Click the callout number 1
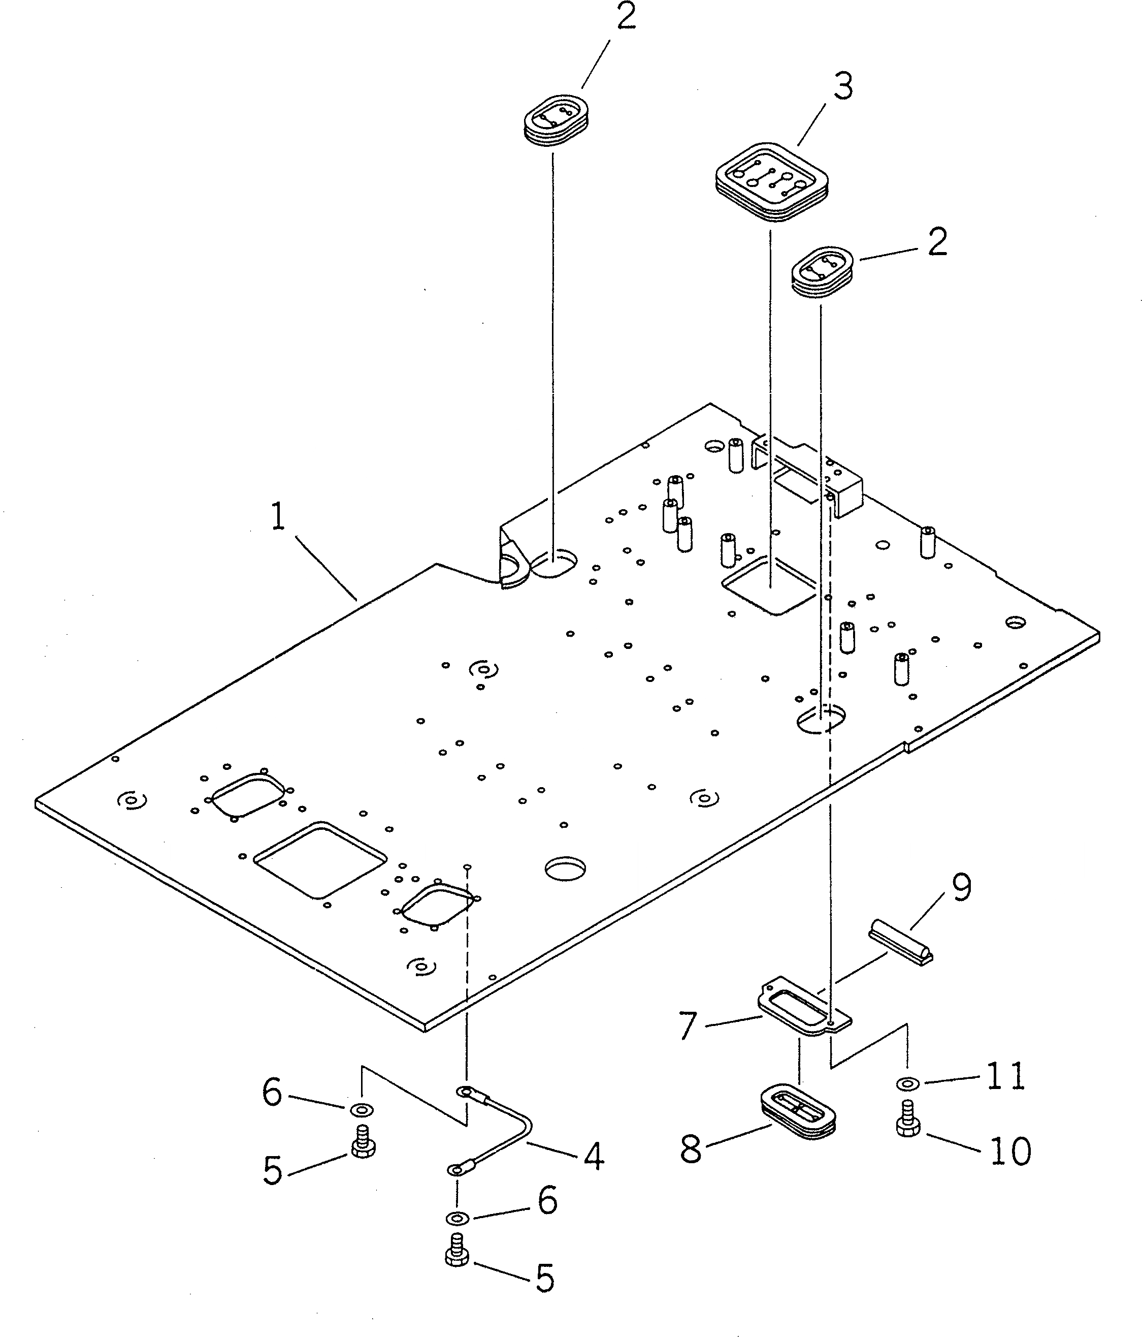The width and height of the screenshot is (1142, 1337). (x=277, y=517)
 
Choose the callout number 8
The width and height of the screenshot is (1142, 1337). (x=691, y=1150)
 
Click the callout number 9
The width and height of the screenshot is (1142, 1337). (x=961, y=888)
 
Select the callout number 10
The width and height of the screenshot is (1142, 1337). (x=1010, y=1151)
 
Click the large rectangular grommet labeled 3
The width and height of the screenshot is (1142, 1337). (x=772, y=182)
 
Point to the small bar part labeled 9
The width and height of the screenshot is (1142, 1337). (x=901, y=949)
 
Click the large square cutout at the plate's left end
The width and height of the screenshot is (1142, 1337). (x=320, y=859)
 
